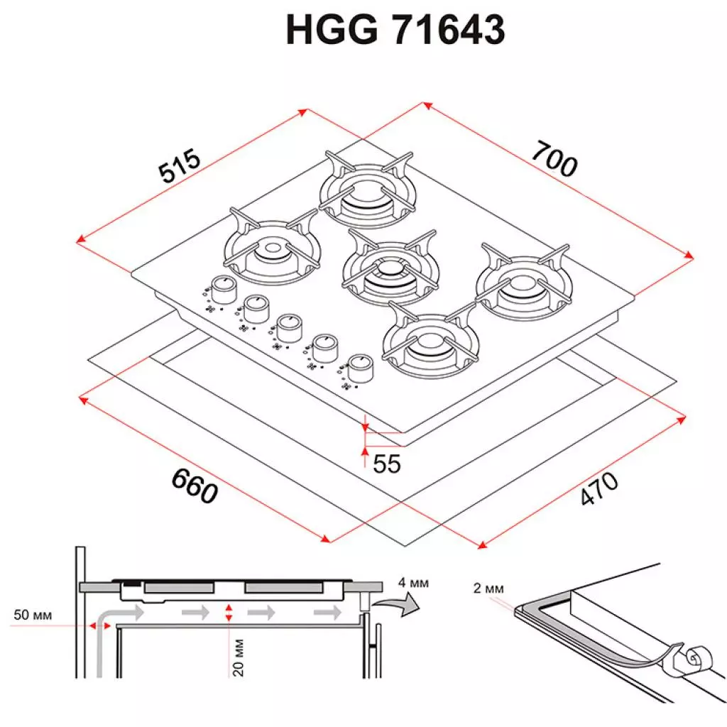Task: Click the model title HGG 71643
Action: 395,31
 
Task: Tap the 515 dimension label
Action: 180,167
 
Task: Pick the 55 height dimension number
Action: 387,464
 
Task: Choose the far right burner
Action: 523,282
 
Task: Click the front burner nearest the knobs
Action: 430,341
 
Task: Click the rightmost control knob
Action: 360,366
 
